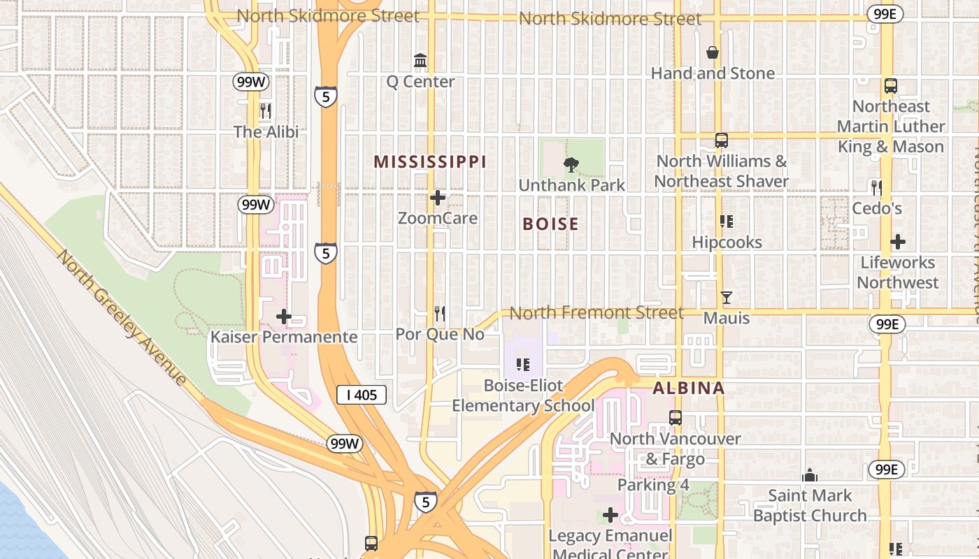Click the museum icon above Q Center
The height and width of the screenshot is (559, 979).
click(x=420, y=61)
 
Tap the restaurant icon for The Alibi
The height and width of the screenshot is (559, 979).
click(x=266, y=111)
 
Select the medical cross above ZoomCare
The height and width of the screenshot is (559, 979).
click(x=438, y=198)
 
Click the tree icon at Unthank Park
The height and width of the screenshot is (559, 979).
click(x=571, y=165)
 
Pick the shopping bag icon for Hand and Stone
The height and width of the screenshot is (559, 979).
click(x=713, y=52)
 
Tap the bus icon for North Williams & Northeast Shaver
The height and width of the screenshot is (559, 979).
click(x=722, y=140)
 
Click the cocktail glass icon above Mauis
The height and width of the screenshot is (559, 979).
click(x=727, y=298)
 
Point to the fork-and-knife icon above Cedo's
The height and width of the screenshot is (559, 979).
click(x=877, y=187)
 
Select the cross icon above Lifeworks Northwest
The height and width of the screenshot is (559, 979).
click(x=898, y=242)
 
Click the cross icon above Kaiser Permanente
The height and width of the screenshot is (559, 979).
click(x=284, y=317)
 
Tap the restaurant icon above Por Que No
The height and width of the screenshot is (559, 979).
click(x=440, y=313)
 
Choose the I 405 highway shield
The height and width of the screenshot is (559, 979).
click(x=362, y=395)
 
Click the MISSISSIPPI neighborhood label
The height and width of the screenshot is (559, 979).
click(x=429, y=162)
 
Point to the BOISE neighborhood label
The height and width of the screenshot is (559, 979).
click(x=551, y=224)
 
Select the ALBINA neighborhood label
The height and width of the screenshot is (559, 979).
click(x=689, y=389)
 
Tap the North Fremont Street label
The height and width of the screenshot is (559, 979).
click(x=596, y=312)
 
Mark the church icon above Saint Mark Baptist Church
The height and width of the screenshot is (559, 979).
click(x=810, y=476)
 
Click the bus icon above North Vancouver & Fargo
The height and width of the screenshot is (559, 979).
click(x=676, y=418)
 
